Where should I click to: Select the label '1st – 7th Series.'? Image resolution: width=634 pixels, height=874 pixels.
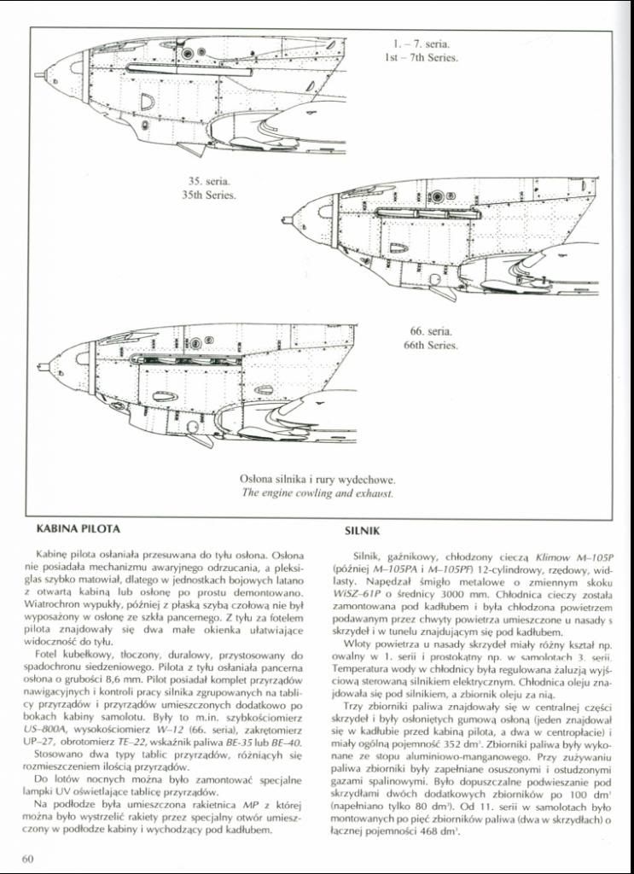[x=422, y=58]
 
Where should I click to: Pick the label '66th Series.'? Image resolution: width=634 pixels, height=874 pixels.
[x=431, y=346]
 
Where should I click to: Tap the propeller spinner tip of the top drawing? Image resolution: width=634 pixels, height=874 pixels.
[x=38, y=75]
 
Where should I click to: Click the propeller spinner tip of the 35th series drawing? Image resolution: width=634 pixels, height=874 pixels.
[x=288, y=221]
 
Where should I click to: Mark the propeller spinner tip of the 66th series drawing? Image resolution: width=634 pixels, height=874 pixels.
[x=42, y=367]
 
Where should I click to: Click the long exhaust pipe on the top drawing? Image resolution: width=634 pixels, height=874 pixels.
[x=188, y=69]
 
